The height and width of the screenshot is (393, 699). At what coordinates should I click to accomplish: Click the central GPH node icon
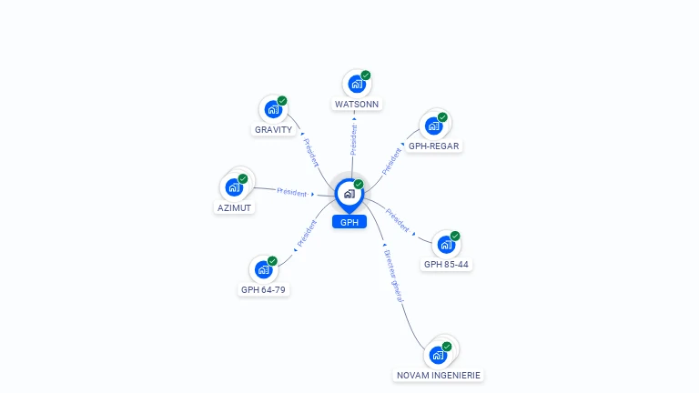(349, 193)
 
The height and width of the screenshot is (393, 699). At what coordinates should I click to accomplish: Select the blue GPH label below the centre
(349, 222)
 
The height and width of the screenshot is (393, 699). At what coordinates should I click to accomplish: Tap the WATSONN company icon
(356, 84)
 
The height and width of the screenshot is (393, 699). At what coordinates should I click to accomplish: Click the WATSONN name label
(357, 104)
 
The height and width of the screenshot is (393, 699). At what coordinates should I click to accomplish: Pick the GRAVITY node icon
(272, 109)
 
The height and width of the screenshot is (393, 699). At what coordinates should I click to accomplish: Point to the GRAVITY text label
(273, 129)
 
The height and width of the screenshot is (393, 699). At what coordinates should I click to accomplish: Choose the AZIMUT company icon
(234, 187)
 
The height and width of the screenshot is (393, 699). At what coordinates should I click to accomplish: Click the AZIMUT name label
(235, 207)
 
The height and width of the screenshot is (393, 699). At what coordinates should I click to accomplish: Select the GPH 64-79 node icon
(263, 269)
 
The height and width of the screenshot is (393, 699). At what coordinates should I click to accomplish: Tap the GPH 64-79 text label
(264, 289)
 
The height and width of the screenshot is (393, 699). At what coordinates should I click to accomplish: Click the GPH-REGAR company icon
(433, 126)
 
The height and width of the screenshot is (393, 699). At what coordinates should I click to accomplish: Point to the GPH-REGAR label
(434, 146)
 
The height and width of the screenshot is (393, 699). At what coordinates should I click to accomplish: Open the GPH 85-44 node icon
(445, 244)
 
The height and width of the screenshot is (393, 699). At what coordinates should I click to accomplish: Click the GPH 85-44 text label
(446, 264)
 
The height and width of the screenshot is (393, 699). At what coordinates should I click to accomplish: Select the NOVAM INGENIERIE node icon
(439, 354)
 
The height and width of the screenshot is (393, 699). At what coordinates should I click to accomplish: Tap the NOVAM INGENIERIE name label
(440, 375)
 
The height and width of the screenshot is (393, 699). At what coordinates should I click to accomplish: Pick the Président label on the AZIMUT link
(292, 192)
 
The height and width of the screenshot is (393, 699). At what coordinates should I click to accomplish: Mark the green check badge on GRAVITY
(282, 101)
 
